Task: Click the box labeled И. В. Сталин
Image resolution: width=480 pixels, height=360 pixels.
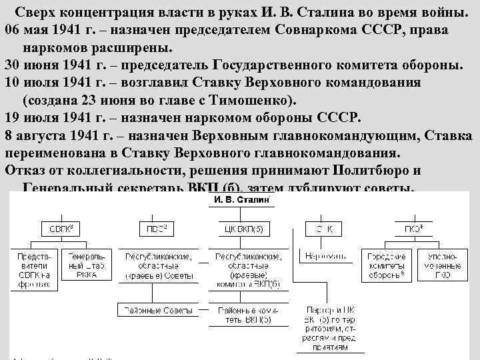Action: pos(241,199)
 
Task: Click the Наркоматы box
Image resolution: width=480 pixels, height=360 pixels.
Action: pos(321,256)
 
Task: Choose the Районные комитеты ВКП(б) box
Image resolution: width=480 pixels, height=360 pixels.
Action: pos(241,314)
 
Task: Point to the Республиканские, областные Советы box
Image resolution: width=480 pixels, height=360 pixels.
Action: pos(155,265)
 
